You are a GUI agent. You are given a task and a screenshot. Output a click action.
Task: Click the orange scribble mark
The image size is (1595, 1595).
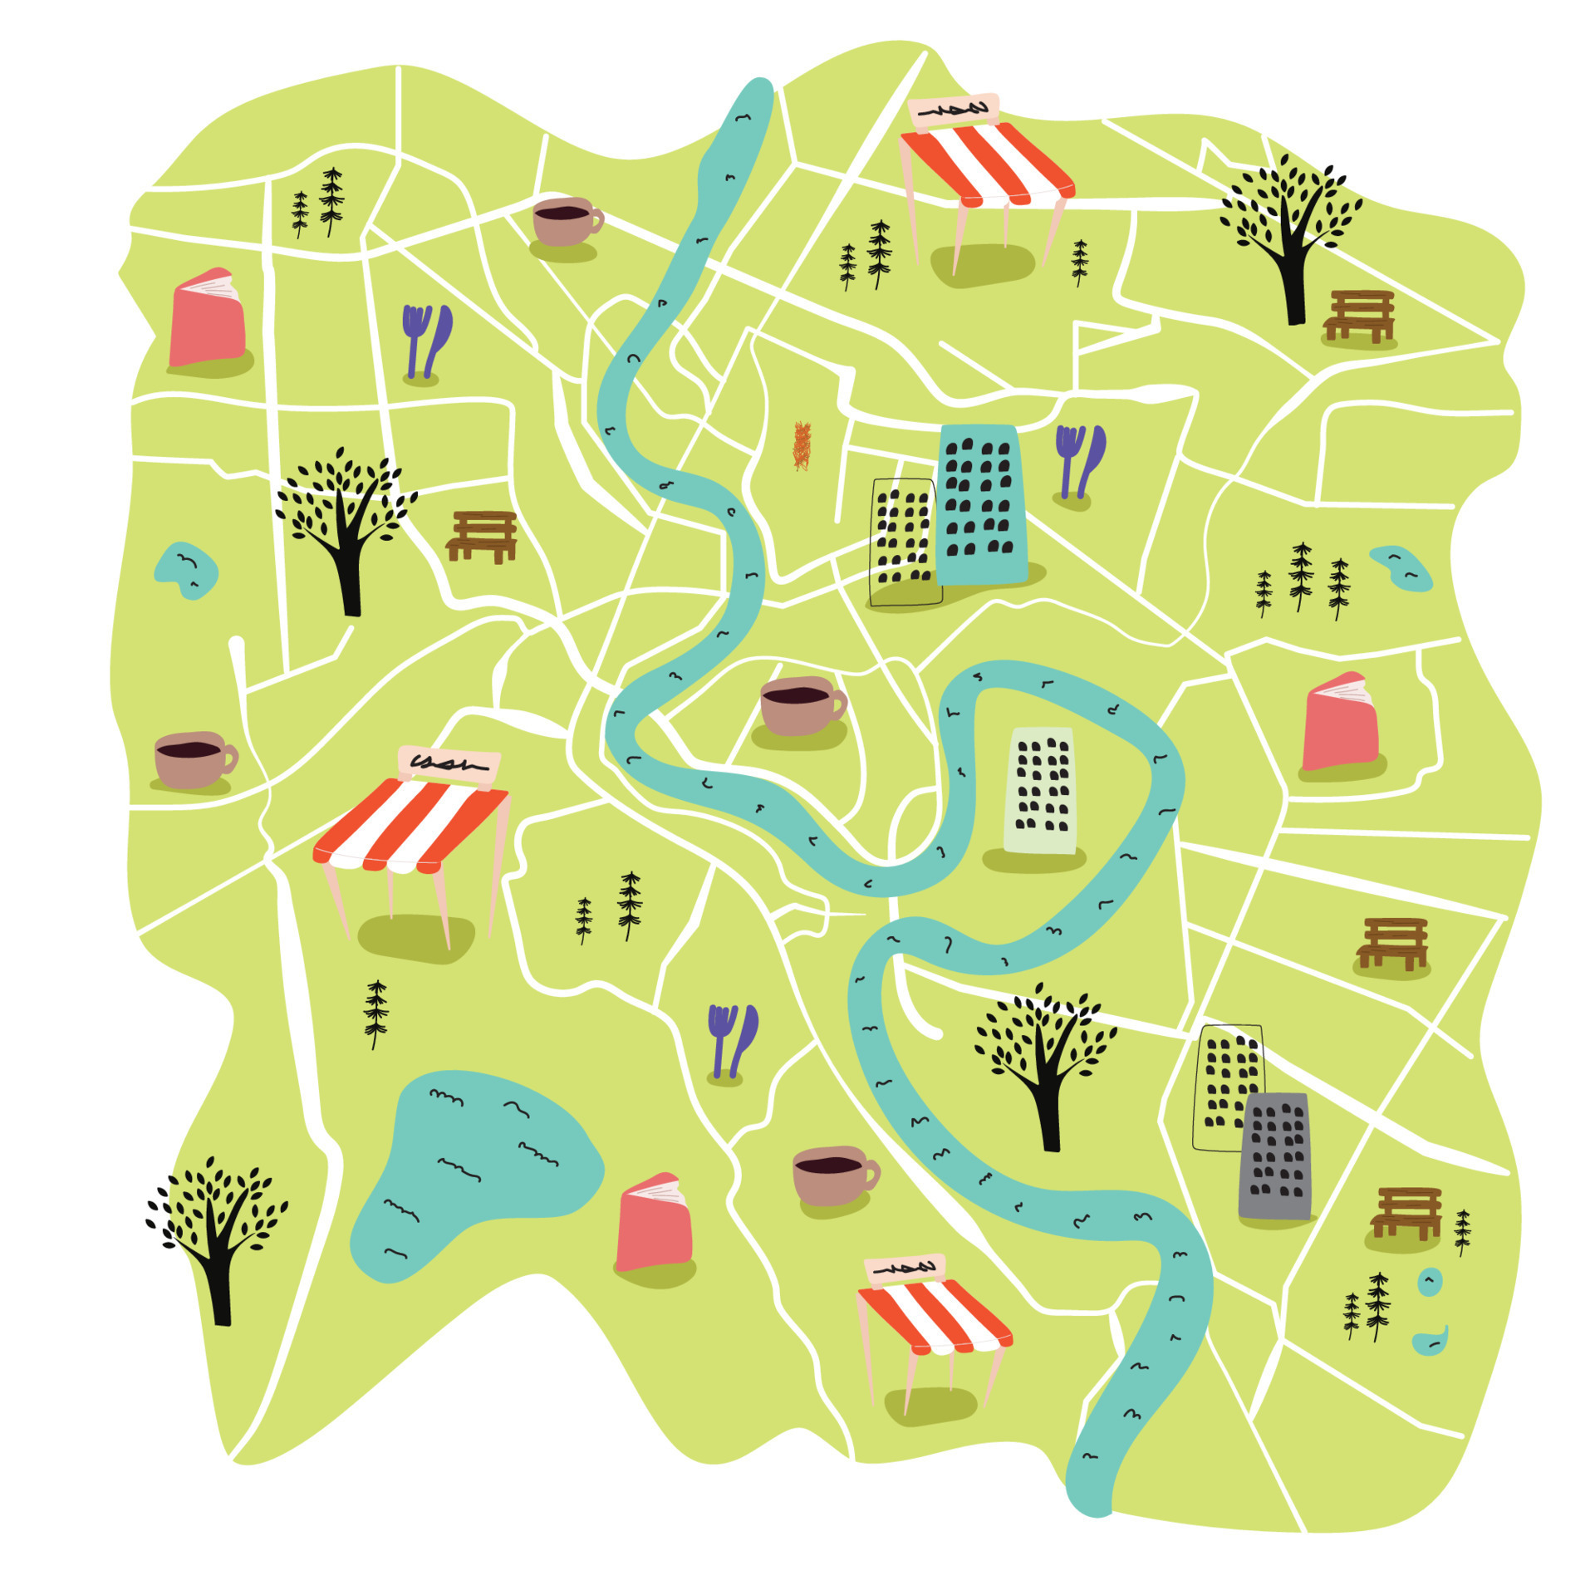(x=802, y=446)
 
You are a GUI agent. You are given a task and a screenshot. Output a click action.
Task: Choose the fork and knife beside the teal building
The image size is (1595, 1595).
(x=1078, y=462)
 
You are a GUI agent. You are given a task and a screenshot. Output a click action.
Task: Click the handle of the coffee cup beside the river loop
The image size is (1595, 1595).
(x=839, y=704)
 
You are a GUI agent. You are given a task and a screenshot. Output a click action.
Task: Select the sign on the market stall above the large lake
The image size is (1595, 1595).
(x=449, y=763)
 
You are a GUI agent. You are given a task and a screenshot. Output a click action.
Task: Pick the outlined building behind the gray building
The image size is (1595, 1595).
(x=1224, y=1080)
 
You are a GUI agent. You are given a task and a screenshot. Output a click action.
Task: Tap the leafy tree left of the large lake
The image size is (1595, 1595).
(x=216, y=1229)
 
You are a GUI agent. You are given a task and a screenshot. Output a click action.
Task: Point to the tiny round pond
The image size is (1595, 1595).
(x=1429, y=1282)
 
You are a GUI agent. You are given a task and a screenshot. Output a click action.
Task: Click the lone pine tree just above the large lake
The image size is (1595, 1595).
(x=376, y=1013)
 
